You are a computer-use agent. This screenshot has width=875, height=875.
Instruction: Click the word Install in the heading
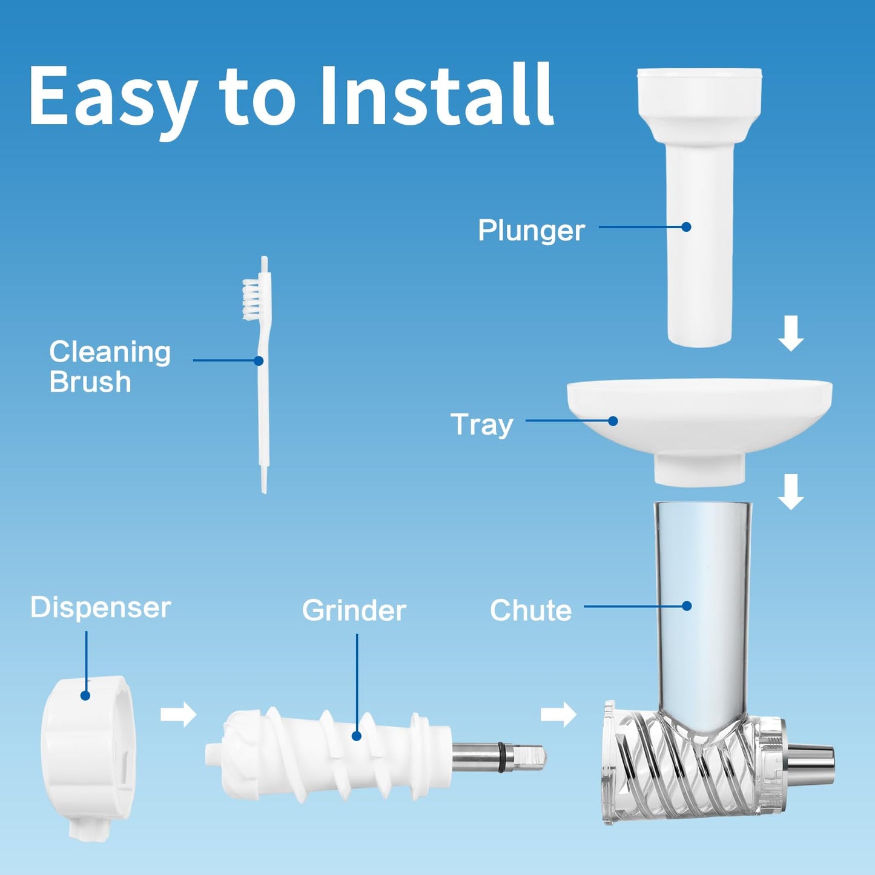(x=437, y=95)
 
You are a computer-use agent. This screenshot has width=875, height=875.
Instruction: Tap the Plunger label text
(x=531, y=231)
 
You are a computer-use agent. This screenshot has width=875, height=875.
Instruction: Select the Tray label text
(x=482, y=425)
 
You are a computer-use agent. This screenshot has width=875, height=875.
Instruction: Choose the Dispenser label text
(x=101, y=607)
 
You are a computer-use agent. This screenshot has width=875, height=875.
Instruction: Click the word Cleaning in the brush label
(x=110, y=352)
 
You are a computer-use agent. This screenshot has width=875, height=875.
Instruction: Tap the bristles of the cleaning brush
(x=251, y=300)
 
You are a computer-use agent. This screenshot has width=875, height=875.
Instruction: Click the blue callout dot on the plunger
(x=687, y=226)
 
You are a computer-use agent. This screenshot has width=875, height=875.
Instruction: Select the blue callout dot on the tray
(x=613, y=421)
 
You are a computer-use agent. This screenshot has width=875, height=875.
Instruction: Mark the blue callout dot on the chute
(x=687, y=606)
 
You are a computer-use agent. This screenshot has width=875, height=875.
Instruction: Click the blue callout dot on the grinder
(x=357, y=736)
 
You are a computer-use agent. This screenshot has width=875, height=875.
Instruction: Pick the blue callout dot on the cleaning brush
(x=259, y=360)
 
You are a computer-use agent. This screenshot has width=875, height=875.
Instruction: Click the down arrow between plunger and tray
(x=791, y=334)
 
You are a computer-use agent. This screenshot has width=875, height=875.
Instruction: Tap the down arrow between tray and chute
(x=791, y=492)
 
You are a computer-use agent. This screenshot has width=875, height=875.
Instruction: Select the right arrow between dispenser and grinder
(x=179, y=715)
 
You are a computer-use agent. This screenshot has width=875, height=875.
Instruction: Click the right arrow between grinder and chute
(x=558, y=715)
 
